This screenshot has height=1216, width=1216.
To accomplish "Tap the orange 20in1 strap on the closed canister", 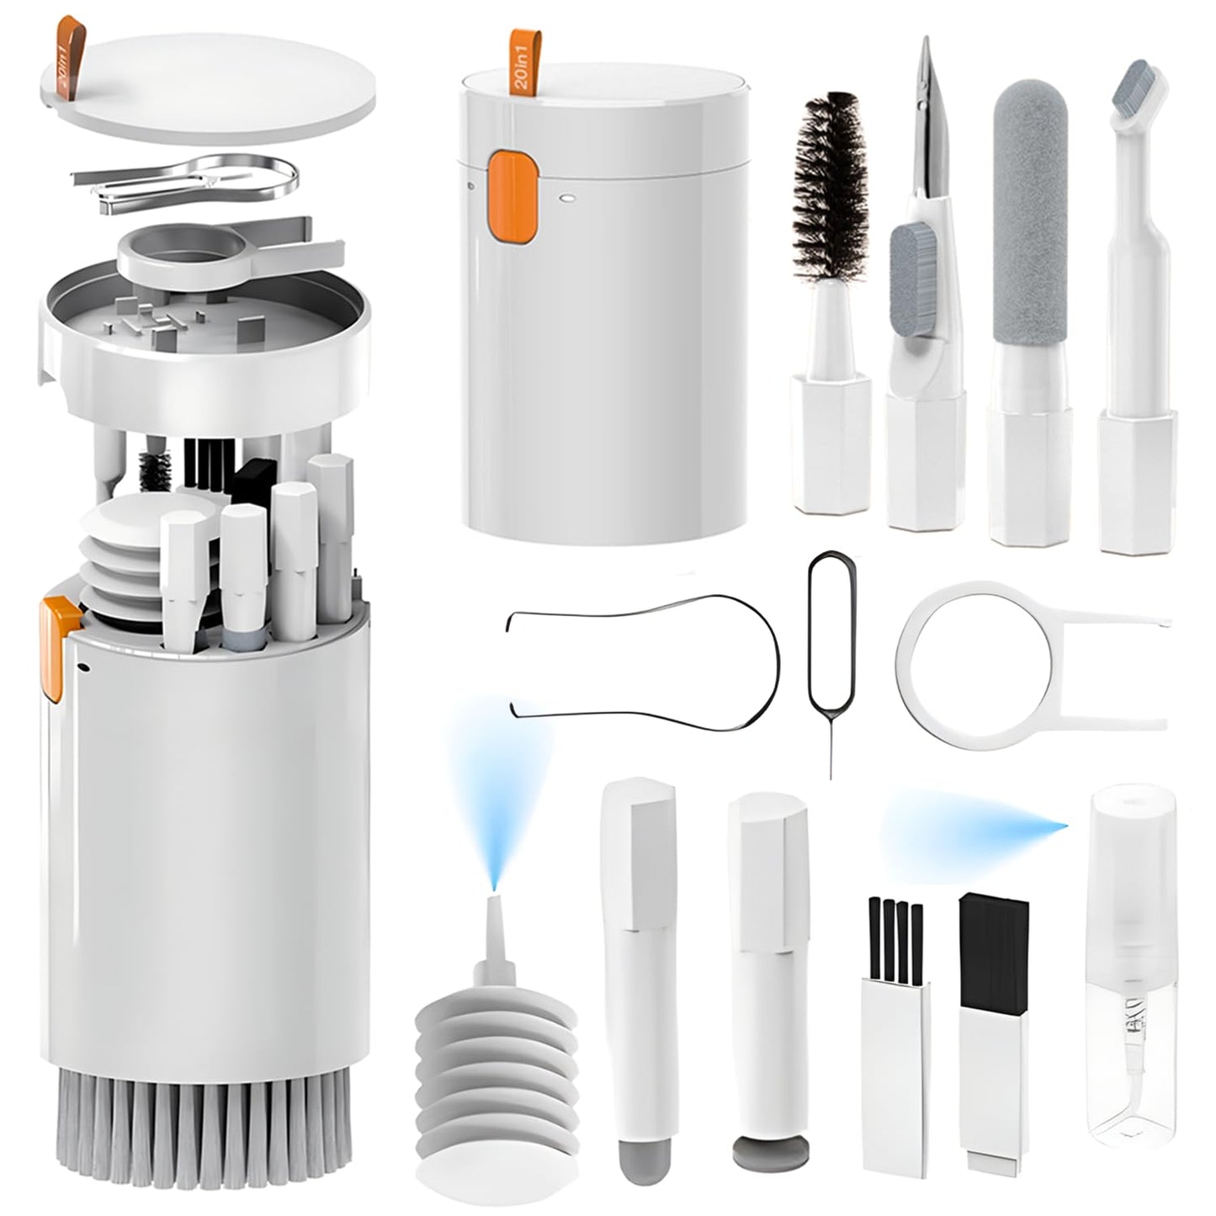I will (519, 62).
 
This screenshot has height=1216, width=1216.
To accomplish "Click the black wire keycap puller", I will (644, 665).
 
